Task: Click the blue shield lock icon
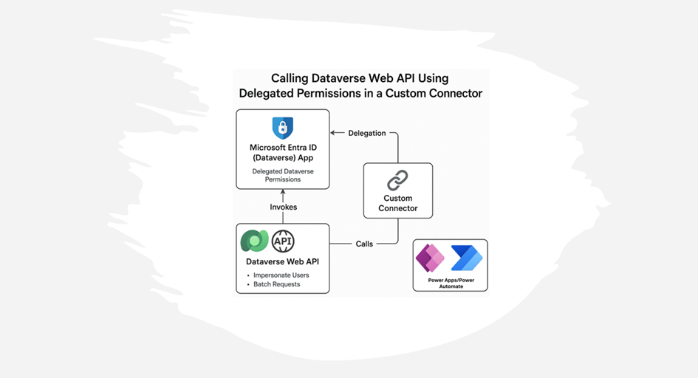[x=282, y=128]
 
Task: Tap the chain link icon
[x=398, y=180]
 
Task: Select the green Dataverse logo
[x=255, y=241]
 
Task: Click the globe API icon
[x=283, y=241]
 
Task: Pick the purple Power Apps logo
[x=430, y=258]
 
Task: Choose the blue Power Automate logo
[x=467, y=258]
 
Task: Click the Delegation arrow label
[x=367, y=134]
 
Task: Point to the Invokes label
[x=283, y=207]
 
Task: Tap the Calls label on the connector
[x=364, y=244]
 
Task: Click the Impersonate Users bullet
[x=276, y=275]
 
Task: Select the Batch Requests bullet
[x=274, y=284]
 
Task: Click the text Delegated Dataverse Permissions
[x=283, y=175]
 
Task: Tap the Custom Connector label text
[x=398, y=203]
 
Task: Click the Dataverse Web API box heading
[x=283, y=261]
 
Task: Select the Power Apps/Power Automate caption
[x=451, y=283]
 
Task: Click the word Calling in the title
[x=295, y=78]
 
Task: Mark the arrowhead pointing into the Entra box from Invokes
[x=283, y=192]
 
